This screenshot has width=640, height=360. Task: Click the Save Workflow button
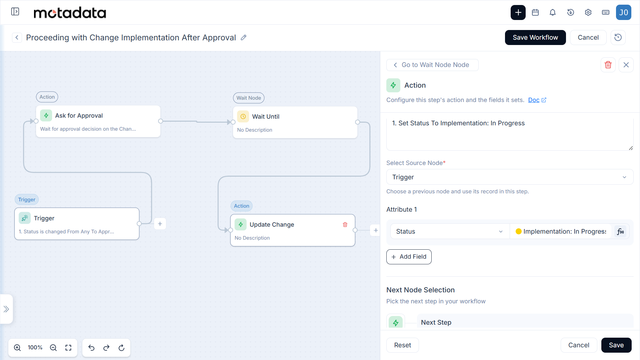[x=535, y=37]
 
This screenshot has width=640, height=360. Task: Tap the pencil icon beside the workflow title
[x=244, y=37]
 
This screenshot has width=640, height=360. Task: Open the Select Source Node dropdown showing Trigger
[x=510, y=177]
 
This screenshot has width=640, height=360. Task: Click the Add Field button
[x=409, y=257]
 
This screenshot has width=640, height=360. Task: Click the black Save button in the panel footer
[x=616, y=345]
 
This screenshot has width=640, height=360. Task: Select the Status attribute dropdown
[x=449, y=231]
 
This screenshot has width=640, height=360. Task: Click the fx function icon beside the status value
[x=620, y=231]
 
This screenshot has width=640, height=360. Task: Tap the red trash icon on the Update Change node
[x=345, y=225]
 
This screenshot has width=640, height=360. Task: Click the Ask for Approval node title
[x=79, y=116]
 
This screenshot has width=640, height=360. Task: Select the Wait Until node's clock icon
[x=243, y=116]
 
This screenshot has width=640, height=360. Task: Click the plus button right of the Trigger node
[x=160, y=224]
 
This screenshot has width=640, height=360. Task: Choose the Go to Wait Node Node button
[x=432, y=65]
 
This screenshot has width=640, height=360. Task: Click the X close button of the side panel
[x=626, y=65]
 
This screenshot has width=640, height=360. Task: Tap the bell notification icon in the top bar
[x=553, y=13]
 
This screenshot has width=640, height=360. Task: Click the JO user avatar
[x=623, y=12]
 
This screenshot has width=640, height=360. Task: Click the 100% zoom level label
[x=35, y=348]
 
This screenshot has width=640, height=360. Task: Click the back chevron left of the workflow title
[x=17, y=37]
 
